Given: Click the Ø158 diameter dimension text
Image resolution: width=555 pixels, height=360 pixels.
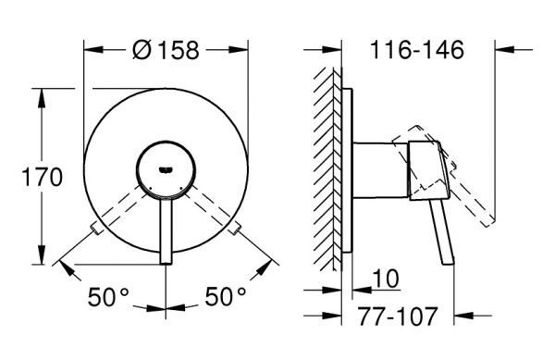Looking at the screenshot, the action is [166, 50].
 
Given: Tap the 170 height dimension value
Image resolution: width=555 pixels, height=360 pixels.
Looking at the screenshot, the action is [42, 177].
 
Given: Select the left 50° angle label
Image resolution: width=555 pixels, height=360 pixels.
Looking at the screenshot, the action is [108, 297].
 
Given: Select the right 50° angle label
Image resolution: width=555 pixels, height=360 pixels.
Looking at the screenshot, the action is [226, 297].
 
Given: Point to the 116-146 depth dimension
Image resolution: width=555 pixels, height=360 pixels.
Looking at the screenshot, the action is [416, 50].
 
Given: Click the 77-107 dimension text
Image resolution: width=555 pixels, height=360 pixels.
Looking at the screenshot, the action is [398, 317].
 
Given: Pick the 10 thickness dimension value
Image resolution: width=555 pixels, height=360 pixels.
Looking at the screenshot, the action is [386, 279].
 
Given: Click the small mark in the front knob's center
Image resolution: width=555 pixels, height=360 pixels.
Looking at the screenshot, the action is [166, 170].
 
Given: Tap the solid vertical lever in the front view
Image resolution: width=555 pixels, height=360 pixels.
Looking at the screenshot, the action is [166, 230].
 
